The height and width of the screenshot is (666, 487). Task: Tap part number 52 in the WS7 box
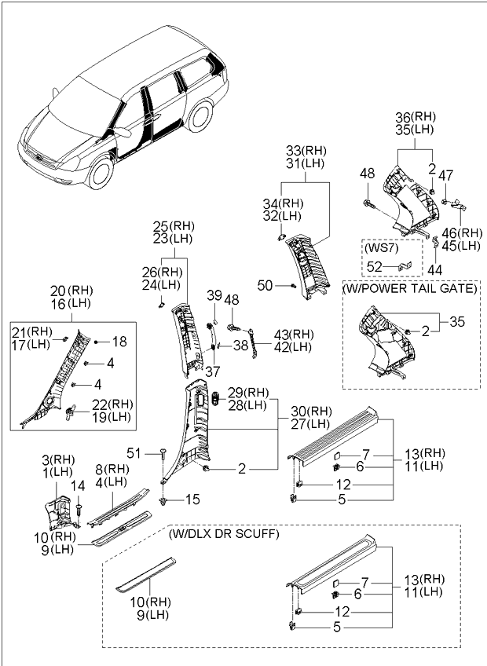pyautogui.click(x=375, y=266)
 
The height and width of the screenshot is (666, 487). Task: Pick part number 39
pyautogui.click(x=214, y=295)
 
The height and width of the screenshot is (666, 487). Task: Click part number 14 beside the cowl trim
pyautogui.click(x=77, y=487)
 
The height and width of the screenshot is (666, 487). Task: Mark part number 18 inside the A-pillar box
pyautogui.click(x=119, y=342)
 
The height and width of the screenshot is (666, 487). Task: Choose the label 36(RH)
pyautogui.click(x=416, y=117)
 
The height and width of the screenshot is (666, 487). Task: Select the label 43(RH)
pyautogui.click(x=294, y=335)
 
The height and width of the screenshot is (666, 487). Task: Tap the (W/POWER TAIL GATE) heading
pyautogui.click(x=410, y=288)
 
